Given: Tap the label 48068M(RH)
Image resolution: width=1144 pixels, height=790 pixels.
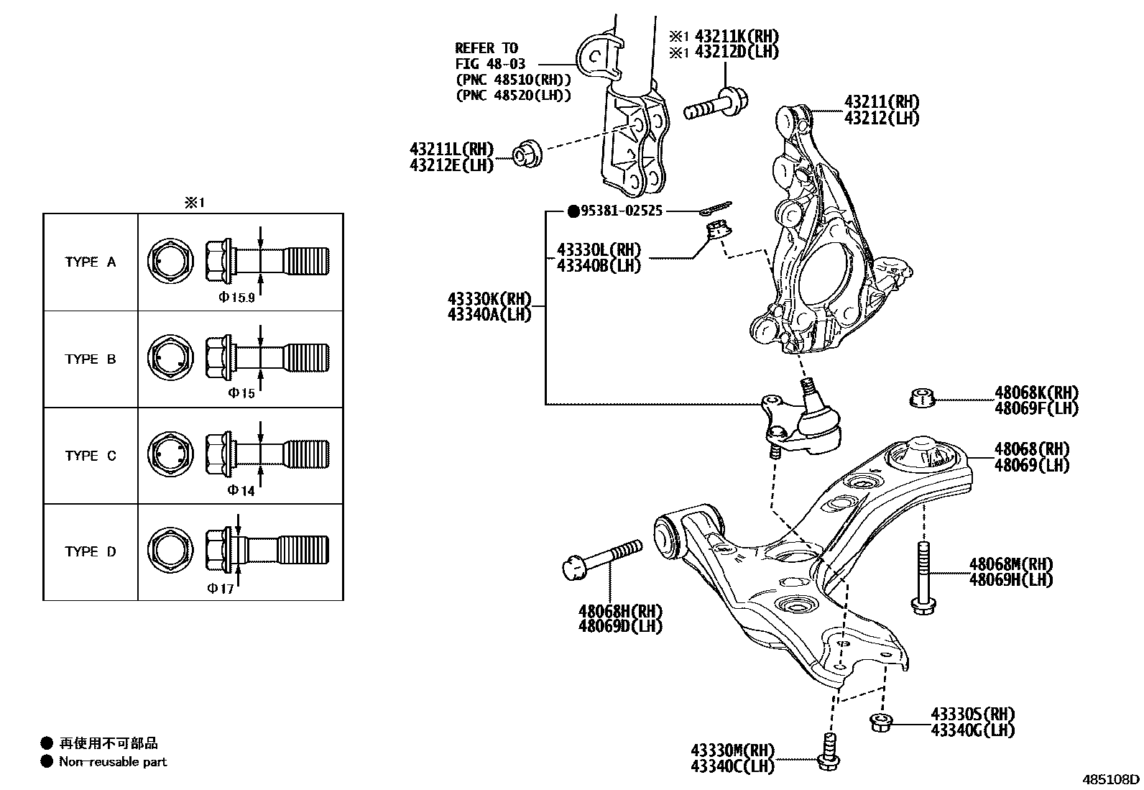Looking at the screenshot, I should tap(1010, 564).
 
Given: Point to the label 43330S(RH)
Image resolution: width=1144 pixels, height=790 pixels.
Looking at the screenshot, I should tap(972, 715).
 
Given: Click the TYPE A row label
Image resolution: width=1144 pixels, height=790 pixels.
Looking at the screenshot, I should tap(90, 262).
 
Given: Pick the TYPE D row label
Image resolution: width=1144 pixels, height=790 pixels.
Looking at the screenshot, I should tap(90, 552).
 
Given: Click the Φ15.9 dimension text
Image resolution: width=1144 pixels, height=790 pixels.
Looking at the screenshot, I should tap(237, 297).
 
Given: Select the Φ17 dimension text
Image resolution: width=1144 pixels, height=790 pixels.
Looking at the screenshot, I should tap(221, 589).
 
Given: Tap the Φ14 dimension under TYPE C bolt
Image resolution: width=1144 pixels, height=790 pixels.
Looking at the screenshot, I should tap(241, 491).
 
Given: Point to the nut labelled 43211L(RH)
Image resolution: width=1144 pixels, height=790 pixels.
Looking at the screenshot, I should tap(526, 154).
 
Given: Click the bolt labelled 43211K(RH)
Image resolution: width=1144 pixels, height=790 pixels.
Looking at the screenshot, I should tap(716, 103).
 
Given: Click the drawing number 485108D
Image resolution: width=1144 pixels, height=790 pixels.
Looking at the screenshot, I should tap(1111, 779).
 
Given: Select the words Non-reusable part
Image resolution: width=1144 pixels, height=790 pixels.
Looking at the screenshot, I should tap(113, 762).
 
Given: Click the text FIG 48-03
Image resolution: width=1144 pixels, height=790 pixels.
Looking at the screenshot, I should tap(490, 64).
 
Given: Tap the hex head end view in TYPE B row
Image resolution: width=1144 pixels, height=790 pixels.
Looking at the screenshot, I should tap(170, 358).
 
